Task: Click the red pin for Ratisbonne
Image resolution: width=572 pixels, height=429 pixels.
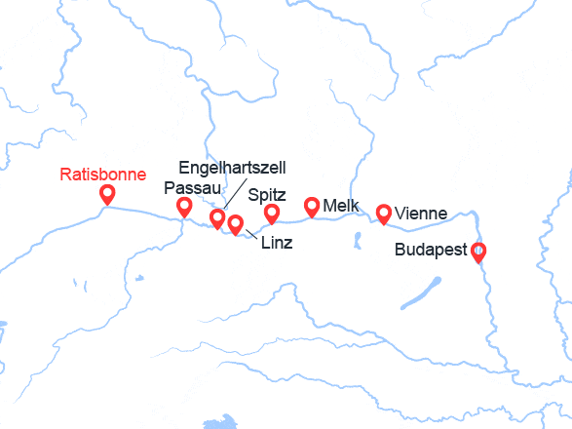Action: [x=107, y=194]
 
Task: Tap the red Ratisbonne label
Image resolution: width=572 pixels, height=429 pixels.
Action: [x=103, y=175]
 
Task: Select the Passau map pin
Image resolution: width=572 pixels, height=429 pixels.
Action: [x=184, y=206]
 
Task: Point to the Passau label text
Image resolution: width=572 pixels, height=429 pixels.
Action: [x=193, y=187]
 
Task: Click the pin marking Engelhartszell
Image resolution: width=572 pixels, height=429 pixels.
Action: [x=218, y=217]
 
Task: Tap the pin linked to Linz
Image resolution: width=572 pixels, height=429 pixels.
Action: [x=235, y=223]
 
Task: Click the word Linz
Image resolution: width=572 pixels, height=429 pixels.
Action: [x=278, y=241]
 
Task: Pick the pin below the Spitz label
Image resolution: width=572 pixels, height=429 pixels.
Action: [x=272, y=213]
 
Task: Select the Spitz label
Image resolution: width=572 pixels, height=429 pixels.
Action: [x=267, y=194]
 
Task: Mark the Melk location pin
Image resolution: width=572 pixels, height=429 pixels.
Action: [x=312, y=205]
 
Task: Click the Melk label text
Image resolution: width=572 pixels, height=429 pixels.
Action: [x=341, y=207]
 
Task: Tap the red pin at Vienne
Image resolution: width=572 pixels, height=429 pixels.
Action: [x=384, y=213]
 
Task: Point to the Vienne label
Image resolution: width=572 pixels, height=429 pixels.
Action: [x=422, y=214]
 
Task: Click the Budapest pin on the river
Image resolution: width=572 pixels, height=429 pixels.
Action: [x=478, y=252]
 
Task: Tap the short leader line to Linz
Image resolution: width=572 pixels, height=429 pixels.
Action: [x=251, y=234]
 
